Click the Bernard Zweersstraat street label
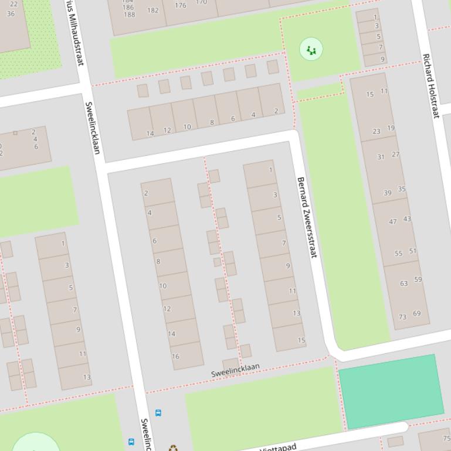pyautogui.click(x=307, y=217)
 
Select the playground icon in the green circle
pyautogui.click(x=311, y=50)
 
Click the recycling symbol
pyautogui.click(x=173, y=448)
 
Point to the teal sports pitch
pyautogui.click(x=391, y=390)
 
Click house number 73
pyautogui.click(x=402, y=317)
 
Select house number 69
pyautogui.click(x=416, y=313)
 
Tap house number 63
pyautogui.click(x=403, y=283)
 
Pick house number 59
pyautogui.click(x=418, y=279)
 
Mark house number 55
pyautogui.click(x=399, y=254)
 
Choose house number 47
pyautogui.click(x=393, y=221)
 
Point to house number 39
pyautogui.click(x=388, y=193)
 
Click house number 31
pyautogui.click(x=381, y=157)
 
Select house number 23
pyautogui.click(x=376, y=131)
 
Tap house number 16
pyautogui.click(x=175, y=356)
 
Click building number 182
pyautogui.click(x=153, y=10)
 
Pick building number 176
pyautogui.click(x=181, y=5)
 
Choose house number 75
pyautogui.click(x=446, y=438)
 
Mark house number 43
pyautogui.click(x=407, y=218)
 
